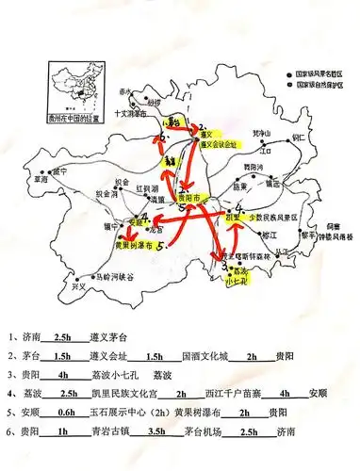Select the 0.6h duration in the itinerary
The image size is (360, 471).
click(72, 413)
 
